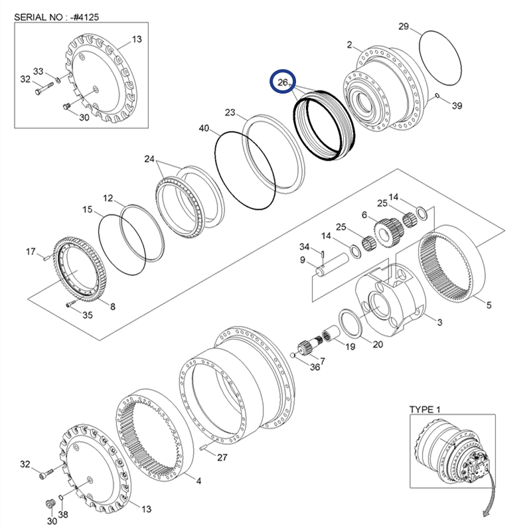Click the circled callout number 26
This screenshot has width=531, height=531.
click(283, 83)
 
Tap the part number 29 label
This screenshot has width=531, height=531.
click(404, 27)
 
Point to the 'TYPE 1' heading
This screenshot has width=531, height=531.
click(425, 409)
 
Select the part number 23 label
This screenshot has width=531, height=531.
click(230, 112)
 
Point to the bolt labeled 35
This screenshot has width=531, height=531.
click(71, 305)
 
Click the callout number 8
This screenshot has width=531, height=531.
click(112, 306)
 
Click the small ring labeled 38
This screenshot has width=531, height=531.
click(61, 498)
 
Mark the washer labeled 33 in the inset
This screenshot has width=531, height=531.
click(58, 81)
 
